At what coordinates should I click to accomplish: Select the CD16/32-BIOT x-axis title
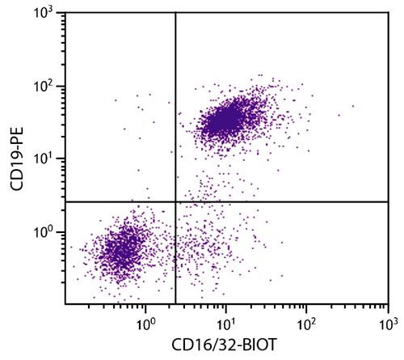point(225,345)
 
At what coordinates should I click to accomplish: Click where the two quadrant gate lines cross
point(175,201)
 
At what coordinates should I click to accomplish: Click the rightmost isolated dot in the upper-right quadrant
point(353,106)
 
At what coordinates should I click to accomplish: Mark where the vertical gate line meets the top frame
point(175,14)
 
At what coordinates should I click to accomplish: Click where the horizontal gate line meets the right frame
point(388,201)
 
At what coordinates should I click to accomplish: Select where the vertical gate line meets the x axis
point(175,305)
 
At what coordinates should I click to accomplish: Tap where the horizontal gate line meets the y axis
point(65,201)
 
